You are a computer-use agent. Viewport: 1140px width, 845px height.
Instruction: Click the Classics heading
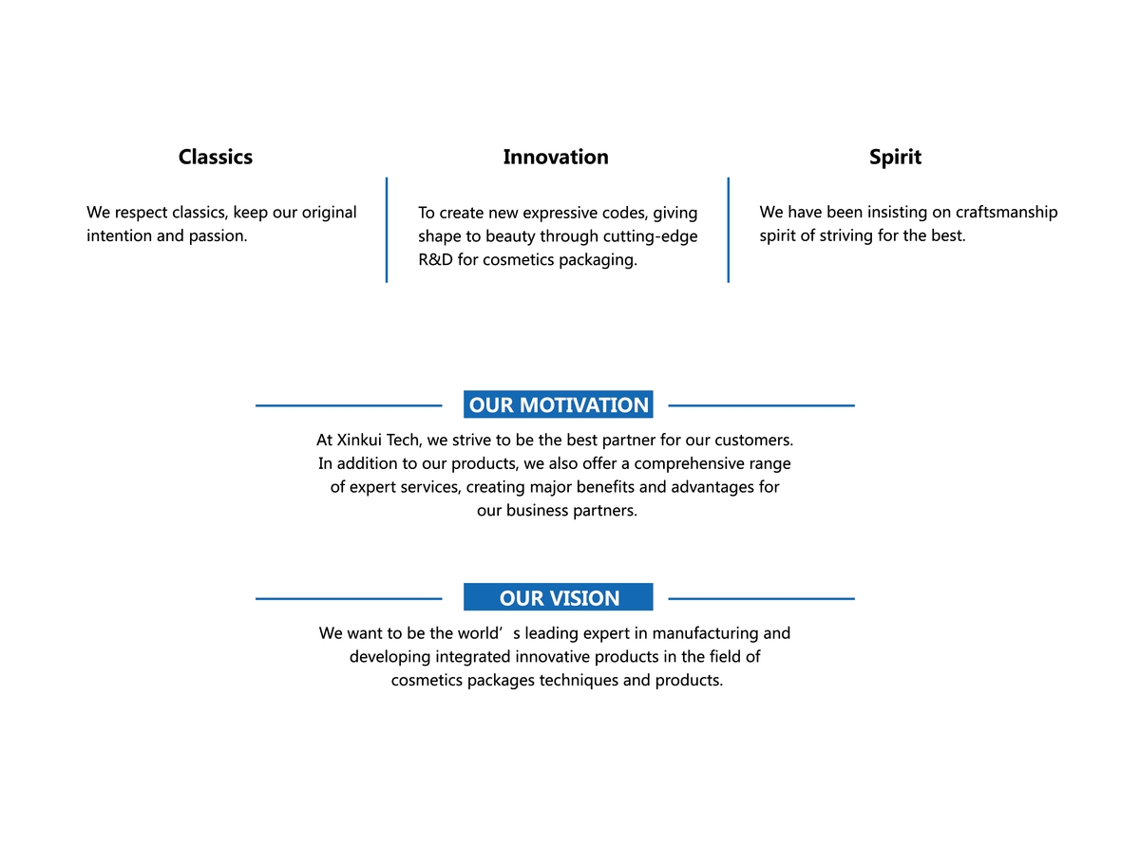click(x=215, y=157)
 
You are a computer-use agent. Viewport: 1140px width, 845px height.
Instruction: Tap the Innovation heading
click(x=555, y=157)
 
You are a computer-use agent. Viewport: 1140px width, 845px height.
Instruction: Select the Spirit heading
click(x=895, y=158)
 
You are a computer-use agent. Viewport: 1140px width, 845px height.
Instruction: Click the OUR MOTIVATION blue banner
click(x=558, y=404)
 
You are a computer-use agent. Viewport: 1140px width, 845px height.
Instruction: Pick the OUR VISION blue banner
click(x=558, y=597)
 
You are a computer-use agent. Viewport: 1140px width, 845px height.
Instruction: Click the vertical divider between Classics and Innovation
click(x=386, y=230)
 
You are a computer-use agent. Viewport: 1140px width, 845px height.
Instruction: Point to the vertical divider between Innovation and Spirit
click(x=728, y=230)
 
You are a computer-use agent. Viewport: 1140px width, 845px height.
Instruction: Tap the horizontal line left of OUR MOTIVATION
click(x=349, y=405)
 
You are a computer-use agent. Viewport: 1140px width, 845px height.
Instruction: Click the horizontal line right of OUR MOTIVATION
click(x=761, y=405)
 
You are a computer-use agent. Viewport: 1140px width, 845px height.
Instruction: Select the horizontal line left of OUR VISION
click(x=349, y=598)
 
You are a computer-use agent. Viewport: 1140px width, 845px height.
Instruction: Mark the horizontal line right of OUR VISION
click(x=761, y=598)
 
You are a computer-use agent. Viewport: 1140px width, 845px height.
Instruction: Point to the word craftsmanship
click(x=1006, y=212)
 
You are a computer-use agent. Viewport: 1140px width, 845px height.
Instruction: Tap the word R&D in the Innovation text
click(x=435, y=259)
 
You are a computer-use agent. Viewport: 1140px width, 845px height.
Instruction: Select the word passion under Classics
click(x=218, y=236)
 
